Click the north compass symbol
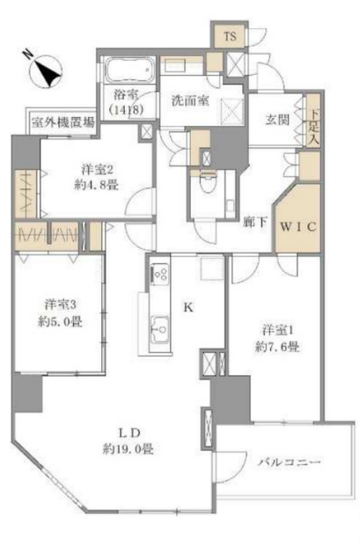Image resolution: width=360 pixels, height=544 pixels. pos(46,71)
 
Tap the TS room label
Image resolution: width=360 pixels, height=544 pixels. pos(230,36)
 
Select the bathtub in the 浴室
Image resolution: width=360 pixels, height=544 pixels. pos(129,70)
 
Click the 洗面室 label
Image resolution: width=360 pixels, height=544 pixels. pos(190,100)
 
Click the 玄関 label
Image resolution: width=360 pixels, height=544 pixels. pos(277,120)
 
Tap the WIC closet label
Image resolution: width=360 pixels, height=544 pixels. pos(298,227)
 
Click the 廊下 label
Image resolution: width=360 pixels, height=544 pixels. pos(254,223)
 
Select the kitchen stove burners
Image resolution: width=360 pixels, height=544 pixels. pos(160,272)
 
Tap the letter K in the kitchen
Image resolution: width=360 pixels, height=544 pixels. pos(188,307)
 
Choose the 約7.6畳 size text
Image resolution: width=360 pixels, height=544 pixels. pos(277,347)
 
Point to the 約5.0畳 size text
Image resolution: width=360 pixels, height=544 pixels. pos(61,321)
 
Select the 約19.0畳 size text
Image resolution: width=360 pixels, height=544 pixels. pos(128,449)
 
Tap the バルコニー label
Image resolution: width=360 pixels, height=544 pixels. pos(289,462)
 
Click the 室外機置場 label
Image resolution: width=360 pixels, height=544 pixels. pos(62,122)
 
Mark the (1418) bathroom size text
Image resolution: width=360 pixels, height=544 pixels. pos(126,110)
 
